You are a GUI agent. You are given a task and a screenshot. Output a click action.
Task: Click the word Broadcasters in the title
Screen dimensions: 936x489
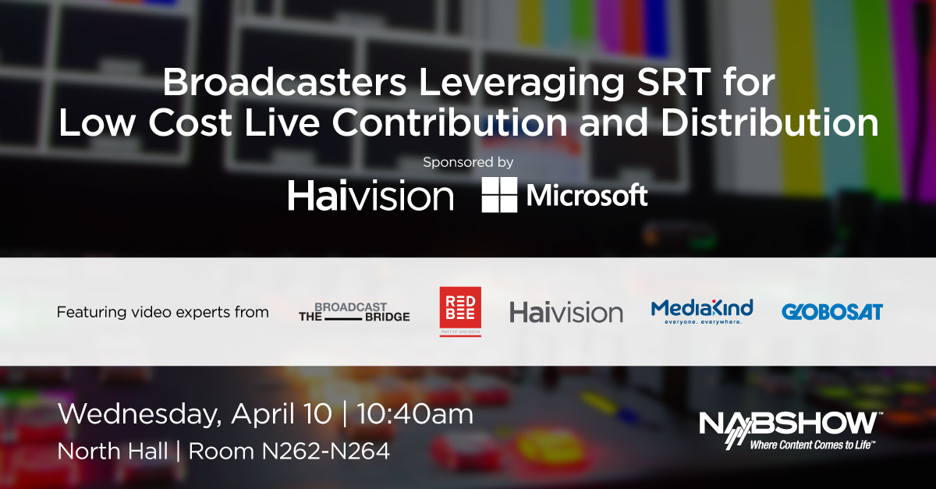pos(284,82)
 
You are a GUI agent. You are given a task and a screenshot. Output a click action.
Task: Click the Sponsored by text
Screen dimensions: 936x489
pos(468,162)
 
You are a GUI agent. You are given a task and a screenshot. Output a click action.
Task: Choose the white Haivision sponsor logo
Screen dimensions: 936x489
pos(370,195)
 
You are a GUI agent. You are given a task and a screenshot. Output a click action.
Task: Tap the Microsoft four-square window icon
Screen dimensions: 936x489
pos(499,195)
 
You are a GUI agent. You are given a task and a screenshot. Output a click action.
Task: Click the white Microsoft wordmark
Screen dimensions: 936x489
pos(587,195)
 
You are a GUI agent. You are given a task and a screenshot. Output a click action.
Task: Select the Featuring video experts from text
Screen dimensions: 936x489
pos(162,312)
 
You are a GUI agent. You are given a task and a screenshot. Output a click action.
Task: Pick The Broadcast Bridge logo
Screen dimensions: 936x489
pos(354,312)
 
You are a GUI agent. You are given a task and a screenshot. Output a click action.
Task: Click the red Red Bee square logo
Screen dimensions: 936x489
pos(460,311)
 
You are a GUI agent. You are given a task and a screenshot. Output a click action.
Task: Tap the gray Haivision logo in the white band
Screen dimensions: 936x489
pos(566,313)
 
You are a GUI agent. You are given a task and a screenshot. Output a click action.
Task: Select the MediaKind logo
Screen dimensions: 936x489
pos(702,311)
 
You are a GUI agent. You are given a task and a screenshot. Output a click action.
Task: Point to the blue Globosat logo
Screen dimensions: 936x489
pos(832,312)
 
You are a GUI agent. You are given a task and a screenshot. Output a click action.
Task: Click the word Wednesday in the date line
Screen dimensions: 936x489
pos(140,415)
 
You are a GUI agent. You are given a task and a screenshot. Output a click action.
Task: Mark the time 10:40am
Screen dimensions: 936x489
pos(415,414)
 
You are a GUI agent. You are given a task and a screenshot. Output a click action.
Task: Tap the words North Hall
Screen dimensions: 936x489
pos(113,452)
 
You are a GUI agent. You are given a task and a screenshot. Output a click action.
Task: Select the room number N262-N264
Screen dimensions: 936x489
pos(326,452)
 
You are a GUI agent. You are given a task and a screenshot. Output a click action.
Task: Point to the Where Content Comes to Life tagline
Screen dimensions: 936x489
pos(810,445)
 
